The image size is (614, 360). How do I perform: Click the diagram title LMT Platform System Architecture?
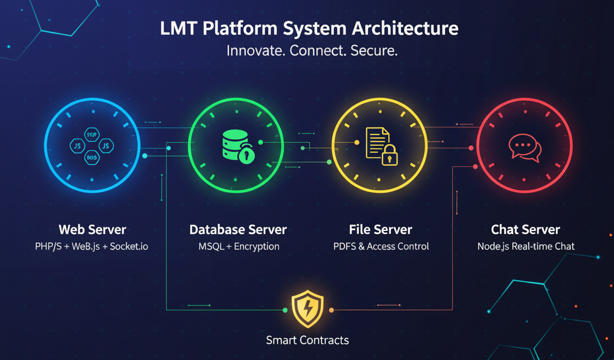pos(309,29)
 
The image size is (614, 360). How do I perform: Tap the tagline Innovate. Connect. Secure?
pos(312,51)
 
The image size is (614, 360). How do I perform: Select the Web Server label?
pos(92,230)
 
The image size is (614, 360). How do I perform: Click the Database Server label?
pos(238,230)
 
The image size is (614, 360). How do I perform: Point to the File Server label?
pos(380,230)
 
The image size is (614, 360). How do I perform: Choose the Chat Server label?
pos(525,230)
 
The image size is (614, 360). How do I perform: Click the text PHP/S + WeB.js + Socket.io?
pos(92,247)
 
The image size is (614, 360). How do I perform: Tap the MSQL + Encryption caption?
pos(239,247)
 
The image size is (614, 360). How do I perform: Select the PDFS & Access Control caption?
pos(381,247)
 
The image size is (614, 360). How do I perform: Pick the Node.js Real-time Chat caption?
pos(526,247)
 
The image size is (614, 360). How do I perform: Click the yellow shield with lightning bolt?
pos(307,310)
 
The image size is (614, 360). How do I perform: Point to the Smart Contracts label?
pos(307,340)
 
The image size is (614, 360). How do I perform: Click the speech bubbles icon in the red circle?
pos(525,146)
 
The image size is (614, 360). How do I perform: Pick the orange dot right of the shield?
pos(331,310)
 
